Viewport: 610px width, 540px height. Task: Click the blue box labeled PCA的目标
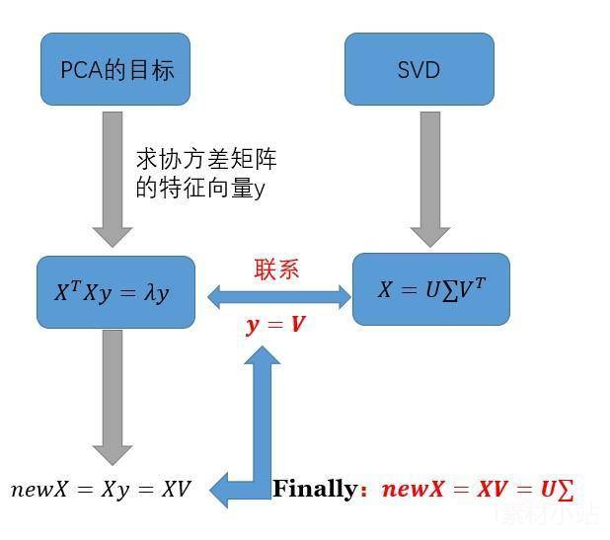pyautogui.click(x=116, y=69)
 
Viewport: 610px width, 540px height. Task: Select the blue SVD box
pyautogui.click(x=419, y=70)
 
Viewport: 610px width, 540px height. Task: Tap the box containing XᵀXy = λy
pyautogui.click(x=115, y=292)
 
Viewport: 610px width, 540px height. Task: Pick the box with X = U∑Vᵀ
pyautogui.click(x=430, y=289)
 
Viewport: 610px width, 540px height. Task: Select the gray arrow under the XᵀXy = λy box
pyautogui.click(x=113, y=395)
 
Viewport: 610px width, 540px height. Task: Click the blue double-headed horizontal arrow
pyautogui.click(x=278, y=294)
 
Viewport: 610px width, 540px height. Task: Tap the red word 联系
pyautogui.click(x=276, y=269)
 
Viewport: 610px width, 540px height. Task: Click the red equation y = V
pyautogui.click(x=275, y=324)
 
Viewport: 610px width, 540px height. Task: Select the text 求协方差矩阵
pyautogui.click(x=205, y=159)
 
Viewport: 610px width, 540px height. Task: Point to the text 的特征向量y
pyautogui.click(x=199, y=188)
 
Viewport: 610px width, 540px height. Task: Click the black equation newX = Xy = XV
pyautogui.click(x=101, y=489)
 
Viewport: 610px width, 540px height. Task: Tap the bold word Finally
pyautogui.click(x=314, y=489)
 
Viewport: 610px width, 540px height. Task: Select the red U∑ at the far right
pyautogui.click(x=557, y=489)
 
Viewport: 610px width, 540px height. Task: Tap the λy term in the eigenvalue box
pyautogui.click(x=155, y=293)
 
